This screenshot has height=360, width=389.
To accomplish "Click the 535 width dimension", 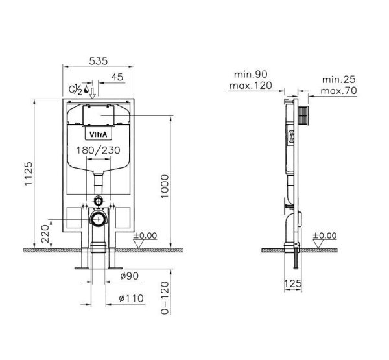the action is [99, 61].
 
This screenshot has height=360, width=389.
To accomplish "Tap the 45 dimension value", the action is [117, 77].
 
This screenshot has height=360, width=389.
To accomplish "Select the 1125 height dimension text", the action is [29, 174].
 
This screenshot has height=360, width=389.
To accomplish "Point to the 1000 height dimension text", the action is [165, 186].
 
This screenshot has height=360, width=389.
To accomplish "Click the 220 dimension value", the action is [45, 234].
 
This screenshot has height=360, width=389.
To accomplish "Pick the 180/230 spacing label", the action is [99, 150].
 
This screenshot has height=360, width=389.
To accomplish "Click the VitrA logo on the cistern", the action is [99, 134].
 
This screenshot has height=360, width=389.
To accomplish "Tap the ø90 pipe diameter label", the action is [130, 276].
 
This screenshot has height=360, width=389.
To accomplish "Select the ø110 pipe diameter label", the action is [132, 298].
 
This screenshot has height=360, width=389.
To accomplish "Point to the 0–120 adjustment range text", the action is [165, 298].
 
